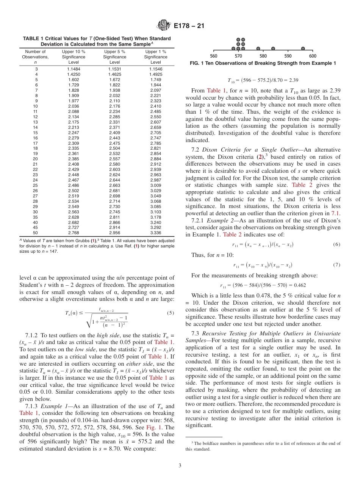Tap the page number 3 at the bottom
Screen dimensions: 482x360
coord(180,465)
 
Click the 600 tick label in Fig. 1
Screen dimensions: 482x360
coord(313,56)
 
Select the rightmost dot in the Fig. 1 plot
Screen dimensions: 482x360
coord(303,49)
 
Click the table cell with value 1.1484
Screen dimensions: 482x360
coord(74,69)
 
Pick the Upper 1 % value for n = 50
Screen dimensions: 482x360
coord(155,233)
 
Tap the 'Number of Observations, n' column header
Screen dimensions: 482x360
coord(35,57)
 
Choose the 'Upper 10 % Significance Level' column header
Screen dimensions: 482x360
coord(74,57)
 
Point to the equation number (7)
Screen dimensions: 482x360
coord(337,265)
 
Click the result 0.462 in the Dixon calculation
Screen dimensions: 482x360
coord(299,285)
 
